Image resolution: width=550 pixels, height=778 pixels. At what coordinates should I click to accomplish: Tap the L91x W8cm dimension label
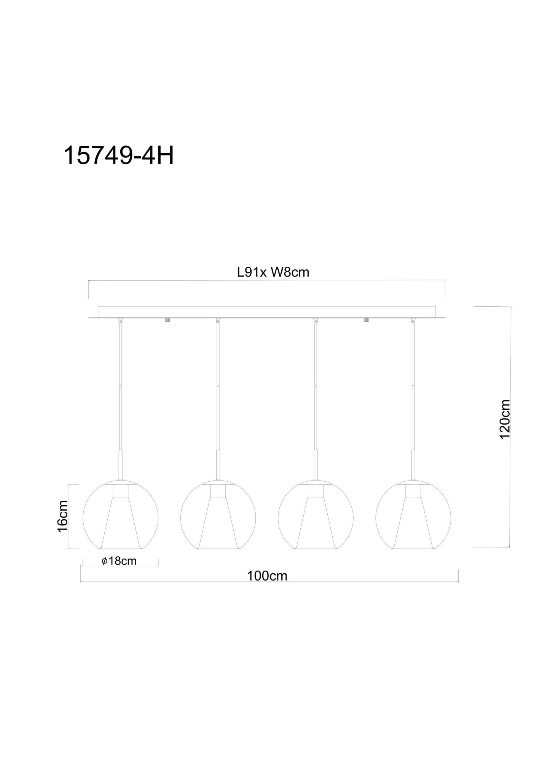pos(273,272)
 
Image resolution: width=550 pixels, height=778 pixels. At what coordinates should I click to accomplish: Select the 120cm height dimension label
pos(505,419)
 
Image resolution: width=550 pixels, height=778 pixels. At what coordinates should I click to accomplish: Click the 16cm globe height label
pos(62,516)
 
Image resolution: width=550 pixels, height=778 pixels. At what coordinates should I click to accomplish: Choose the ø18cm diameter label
pos(119,561)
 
